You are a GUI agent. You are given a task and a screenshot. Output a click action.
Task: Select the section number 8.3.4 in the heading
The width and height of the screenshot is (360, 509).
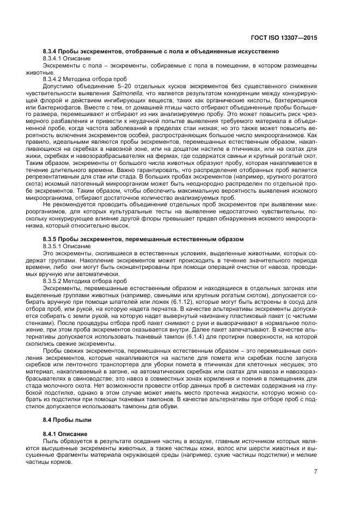pyautogui.click(x=50, y=51)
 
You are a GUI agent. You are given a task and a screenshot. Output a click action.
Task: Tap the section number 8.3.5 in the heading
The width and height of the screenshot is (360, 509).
pyautogui.click(x=50, y=239)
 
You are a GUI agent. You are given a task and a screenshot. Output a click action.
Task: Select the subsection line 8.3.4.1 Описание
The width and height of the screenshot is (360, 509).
pyautogui.click(x=66, y=58)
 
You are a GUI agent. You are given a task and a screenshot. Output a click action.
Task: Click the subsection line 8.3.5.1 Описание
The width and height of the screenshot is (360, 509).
pyautogui.click(x=66, y=246)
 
